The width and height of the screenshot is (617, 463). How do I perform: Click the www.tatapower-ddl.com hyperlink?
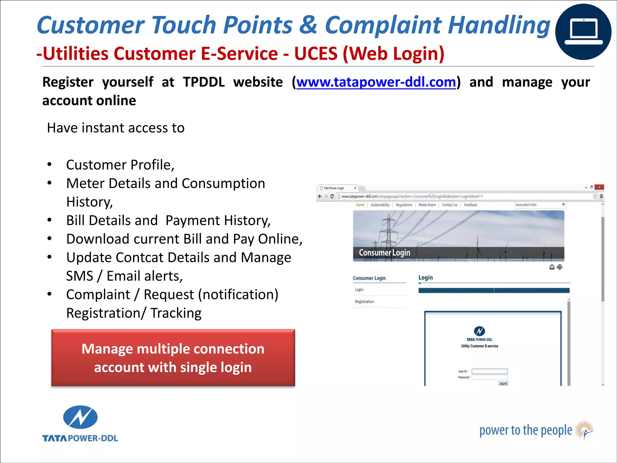pyautogui.click(x=376, y=82)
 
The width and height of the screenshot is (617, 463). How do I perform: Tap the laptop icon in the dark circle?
pyautogui.click(x=583, y=32)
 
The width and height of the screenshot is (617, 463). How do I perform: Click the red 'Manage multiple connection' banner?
pyautogui.click(x=173, y=358)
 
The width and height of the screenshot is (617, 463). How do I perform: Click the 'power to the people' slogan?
pyautogui.click(x=525, y=430)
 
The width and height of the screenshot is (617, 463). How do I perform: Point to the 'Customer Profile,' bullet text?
pyautogui.click(x=120, y=165)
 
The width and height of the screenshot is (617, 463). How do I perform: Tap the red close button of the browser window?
pyautogui.click(x=599, y=187)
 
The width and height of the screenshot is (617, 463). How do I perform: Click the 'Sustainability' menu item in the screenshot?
pyautogui.click(x=380, y=205)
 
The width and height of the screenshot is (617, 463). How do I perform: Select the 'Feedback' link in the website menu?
pyautogui.click(x=470, y=205)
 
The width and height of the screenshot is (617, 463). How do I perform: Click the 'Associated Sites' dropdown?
pyautogui.click(x=540, y=205)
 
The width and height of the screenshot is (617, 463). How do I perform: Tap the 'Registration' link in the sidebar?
pyautogui.click(x=364, y=302)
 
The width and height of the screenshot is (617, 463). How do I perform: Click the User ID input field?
pyautogui.click(x=490, y=371)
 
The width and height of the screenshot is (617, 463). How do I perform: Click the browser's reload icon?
pyautogui.click(x=332, y=196)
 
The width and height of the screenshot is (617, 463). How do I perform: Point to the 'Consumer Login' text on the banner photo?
pyautogui.click(x=384, y=253)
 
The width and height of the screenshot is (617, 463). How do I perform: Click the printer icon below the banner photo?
pyautogui.click(x=559, y=267)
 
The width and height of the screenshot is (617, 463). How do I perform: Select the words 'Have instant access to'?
pyautogui.click(x=116, y=128)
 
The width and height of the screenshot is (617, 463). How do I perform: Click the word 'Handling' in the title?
pyautogui.click(x=499, y=25)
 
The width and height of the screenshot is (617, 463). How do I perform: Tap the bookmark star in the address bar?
pyautogui.click(x=595, y=196)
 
